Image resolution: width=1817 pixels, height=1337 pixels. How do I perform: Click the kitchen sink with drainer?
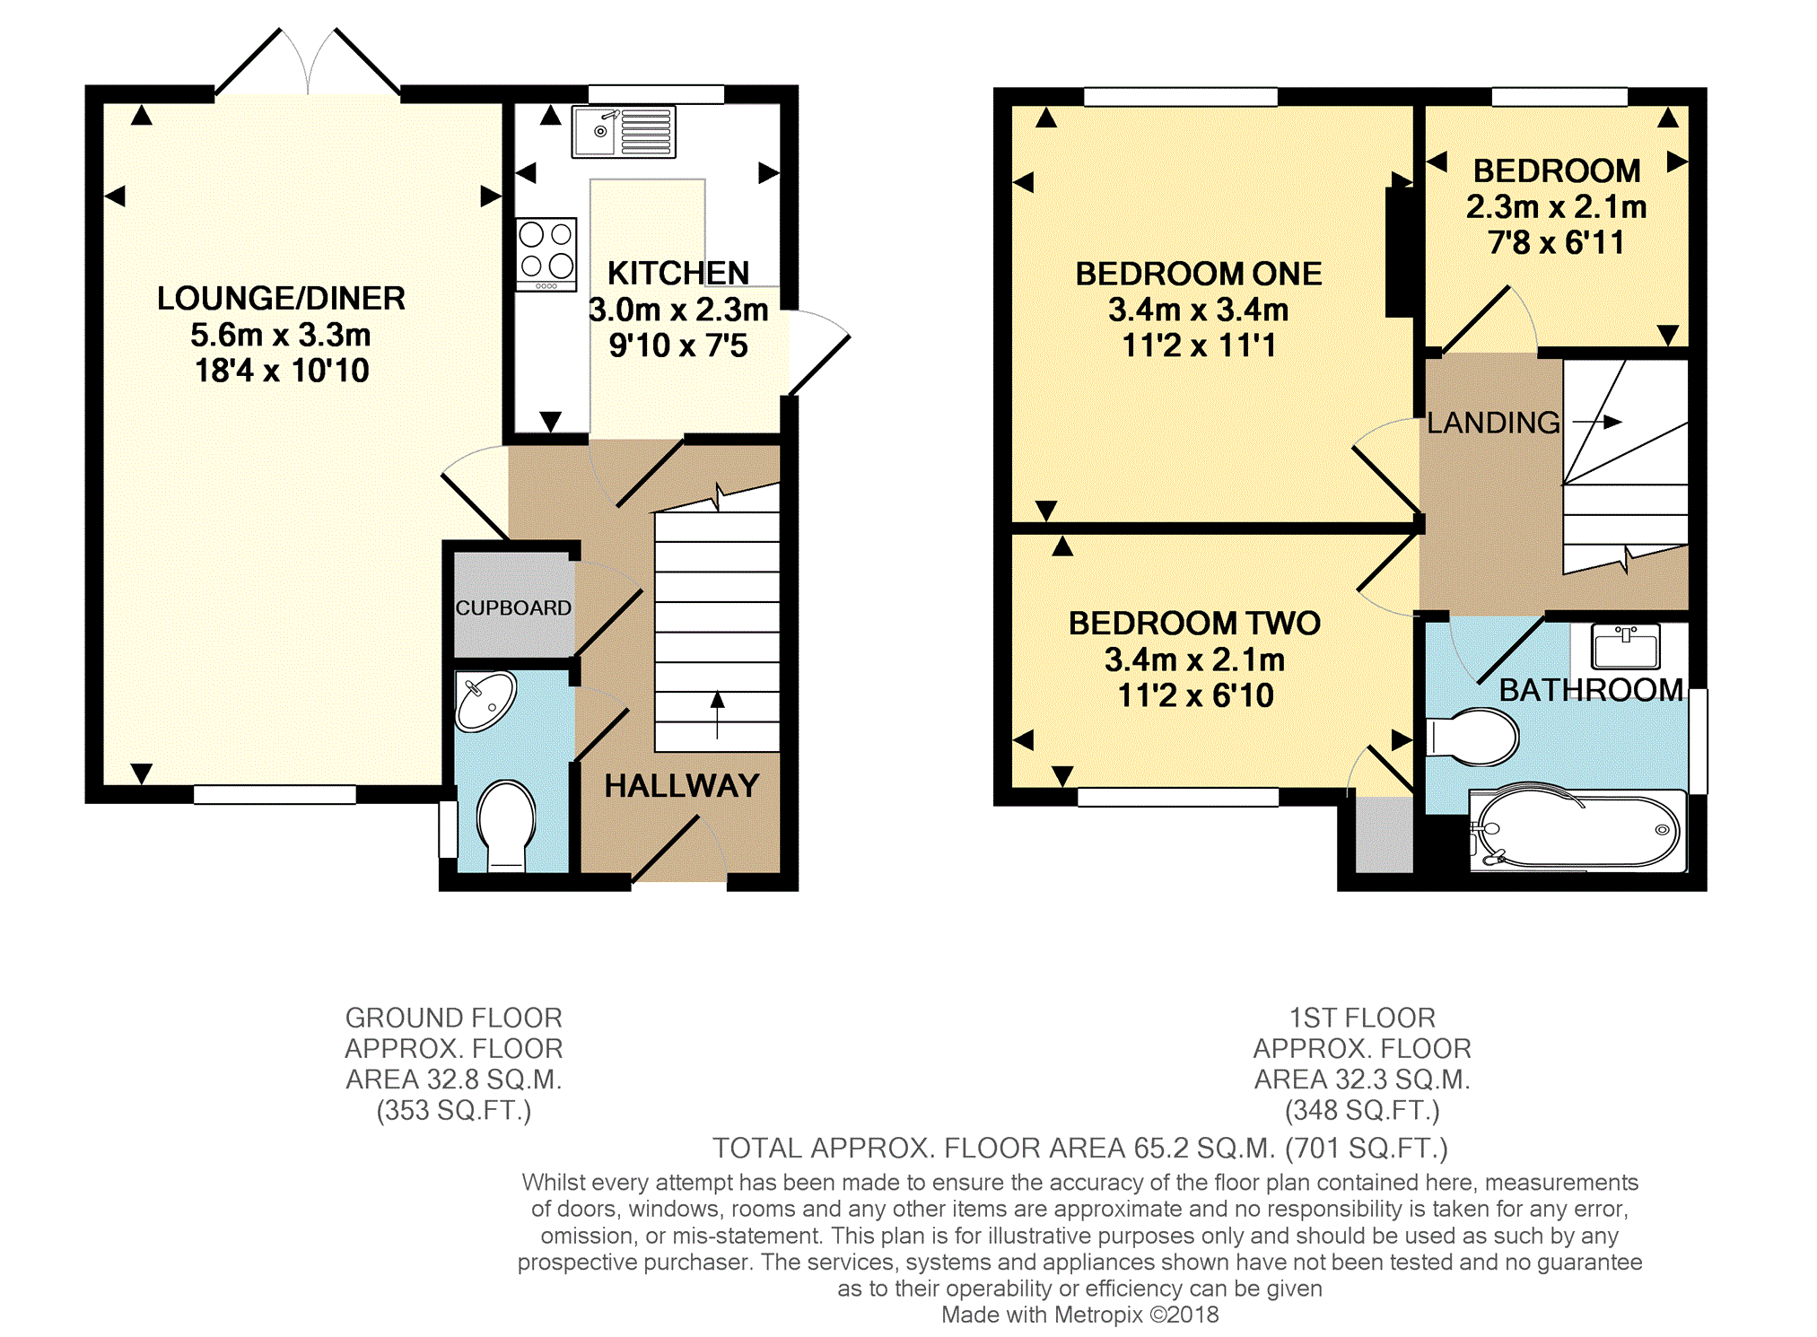coord(624,132)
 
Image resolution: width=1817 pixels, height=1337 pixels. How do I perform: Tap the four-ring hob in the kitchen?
coord(546,254)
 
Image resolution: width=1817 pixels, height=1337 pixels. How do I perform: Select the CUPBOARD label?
coord(513,607)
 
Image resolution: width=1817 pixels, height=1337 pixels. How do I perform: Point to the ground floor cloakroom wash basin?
coord(485,701)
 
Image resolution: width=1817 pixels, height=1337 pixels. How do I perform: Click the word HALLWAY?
coord(682,786)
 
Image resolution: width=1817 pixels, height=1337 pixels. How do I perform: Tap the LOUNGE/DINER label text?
coord(281,298)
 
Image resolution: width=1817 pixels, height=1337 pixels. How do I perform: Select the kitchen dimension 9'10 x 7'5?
coord(678,345)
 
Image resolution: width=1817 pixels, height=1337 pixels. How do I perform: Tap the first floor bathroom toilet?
coord(1472,737)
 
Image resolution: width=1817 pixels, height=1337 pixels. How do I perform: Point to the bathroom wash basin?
coord(1626,646)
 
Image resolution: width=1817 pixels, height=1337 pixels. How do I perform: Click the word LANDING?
coord(1494,423)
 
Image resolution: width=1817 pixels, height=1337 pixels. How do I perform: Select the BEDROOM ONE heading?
coord(1199,274)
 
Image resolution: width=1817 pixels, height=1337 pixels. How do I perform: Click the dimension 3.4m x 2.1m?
coord(1195,660)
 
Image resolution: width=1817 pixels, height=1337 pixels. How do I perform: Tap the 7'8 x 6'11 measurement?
coord(1557,242)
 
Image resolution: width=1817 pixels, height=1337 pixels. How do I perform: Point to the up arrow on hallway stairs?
coord(717,715)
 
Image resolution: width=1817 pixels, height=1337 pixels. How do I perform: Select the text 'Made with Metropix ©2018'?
coord(1080,1315)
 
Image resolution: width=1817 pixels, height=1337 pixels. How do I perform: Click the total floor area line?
coord(1080,1148)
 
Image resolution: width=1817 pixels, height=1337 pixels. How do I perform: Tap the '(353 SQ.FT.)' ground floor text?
coord(454,1111)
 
